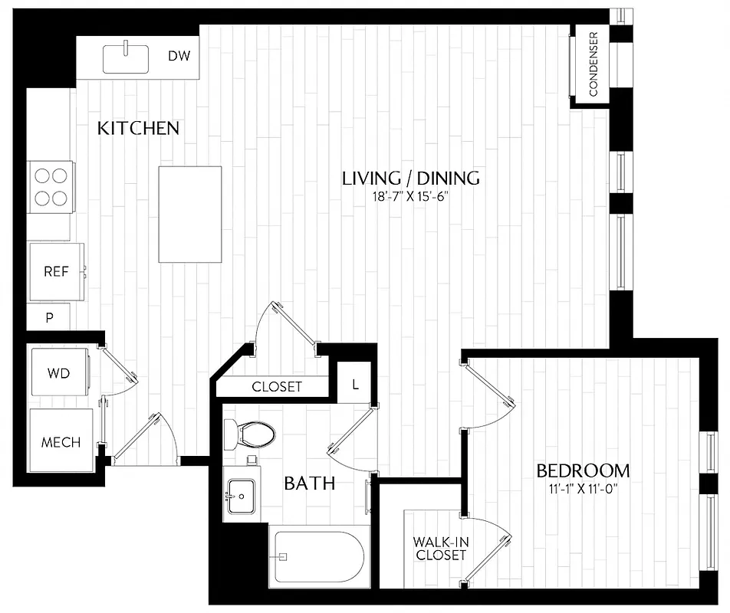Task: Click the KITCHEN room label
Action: point(138,128)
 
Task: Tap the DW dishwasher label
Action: point(179,56)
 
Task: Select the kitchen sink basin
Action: point(126,58)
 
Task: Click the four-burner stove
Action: point(51,187)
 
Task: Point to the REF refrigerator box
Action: point(55,271)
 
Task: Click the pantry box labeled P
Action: point(49,317)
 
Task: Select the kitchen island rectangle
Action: point(189,214)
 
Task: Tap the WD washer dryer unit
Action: point(59,374)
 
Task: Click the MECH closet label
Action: point(61,443)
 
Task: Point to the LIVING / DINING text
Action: point(410,179)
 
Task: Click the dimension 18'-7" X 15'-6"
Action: point(410,196)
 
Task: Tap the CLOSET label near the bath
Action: point(277,387)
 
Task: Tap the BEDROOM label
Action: point(583,470)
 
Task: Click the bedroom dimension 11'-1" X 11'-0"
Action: point(583,488)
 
